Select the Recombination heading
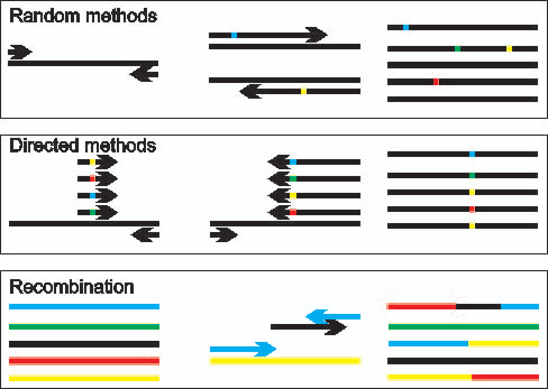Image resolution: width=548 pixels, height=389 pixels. [x=72, y=287]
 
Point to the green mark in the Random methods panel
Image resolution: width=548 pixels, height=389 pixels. [x=458, y=49]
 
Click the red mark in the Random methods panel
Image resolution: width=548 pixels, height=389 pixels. [x=436, y=82]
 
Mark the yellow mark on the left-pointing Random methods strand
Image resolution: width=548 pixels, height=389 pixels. [x=304, y=91]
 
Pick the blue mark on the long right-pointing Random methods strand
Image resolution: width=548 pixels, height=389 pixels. [x=234, y=35]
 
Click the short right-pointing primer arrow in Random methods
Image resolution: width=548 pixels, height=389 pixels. [x=20, y=52]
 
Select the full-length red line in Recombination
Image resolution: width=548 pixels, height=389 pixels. [x=84, y=361]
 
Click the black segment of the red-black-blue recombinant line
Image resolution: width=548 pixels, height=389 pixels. [x=478, y=307]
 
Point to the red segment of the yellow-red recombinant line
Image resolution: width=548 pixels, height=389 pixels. [x=505, y=377]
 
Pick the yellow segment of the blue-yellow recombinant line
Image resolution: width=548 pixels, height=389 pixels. [x=504, y=344]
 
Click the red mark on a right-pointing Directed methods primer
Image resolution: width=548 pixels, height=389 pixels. [x=93, y=179]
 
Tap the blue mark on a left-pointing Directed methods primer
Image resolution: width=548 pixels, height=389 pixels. [x=293, y=162]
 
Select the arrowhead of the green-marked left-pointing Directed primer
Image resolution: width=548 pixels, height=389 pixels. [x=278, y=179]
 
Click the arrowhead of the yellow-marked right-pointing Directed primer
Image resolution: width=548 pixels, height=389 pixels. [x=107, y=162]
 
